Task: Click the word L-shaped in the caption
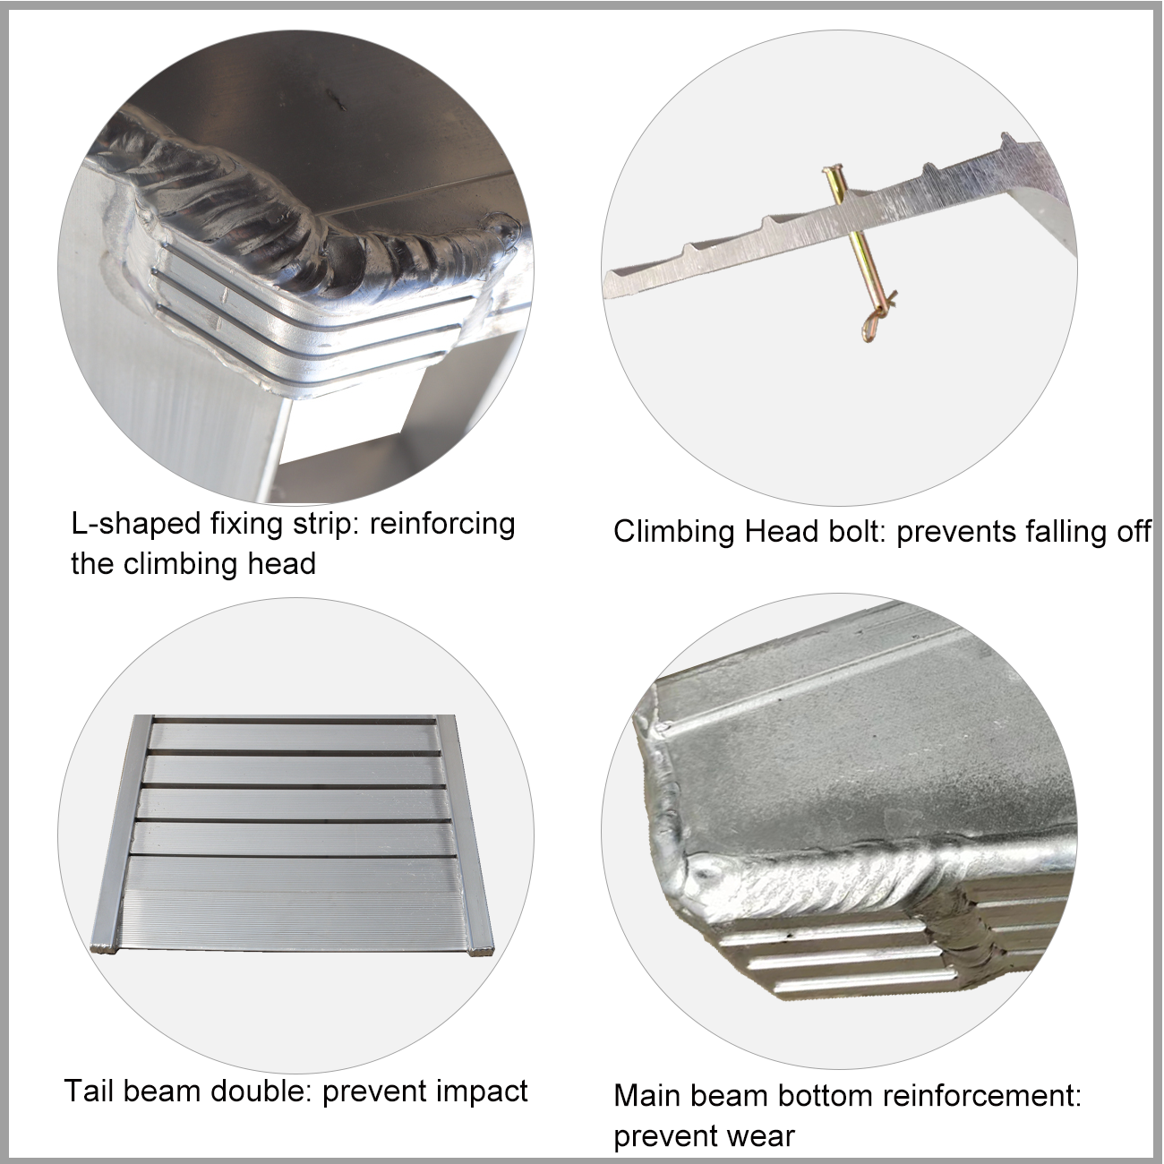136,525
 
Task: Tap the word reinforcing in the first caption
442,525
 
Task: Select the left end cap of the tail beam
104,947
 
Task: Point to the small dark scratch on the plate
334,99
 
